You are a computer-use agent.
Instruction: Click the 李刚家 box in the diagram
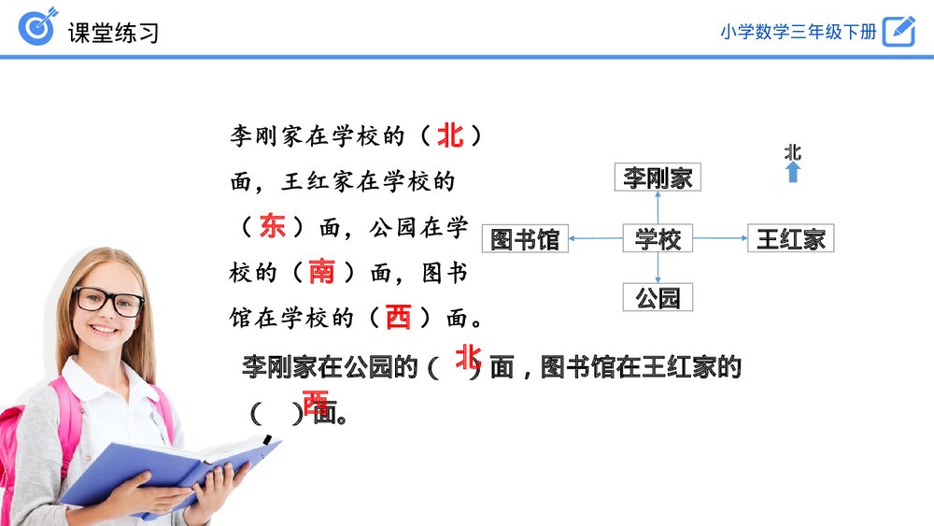coord(658,177)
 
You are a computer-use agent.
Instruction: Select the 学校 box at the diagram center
coord(658,238)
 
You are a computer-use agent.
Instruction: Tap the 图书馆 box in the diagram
coord(525,238)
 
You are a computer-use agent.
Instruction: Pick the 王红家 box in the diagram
coord(790,238)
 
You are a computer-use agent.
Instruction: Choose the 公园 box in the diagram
coord(658,297)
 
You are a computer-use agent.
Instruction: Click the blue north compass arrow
coord(792,172)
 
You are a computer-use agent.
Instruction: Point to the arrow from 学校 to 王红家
coord(720,237)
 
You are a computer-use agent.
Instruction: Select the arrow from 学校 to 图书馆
coord(596,238)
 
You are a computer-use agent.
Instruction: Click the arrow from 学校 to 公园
coord(658,267)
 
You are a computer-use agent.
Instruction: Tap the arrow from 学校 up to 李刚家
coord(658,207)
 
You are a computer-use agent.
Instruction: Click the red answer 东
coord(272,226)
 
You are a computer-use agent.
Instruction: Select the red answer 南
coord(321,272)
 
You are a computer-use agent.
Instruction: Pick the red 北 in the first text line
coord(450,135)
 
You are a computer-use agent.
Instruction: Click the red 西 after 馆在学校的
coord(398,317)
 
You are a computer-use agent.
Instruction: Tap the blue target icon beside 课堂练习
coord(38,26)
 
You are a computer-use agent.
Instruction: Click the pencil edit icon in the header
coord(899,31)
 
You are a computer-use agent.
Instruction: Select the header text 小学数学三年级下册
coord(799,32)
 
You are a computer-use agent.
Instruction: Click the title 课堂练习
coord(113,33)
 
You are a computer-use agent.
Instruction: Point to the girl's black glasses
coord(108,301)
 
